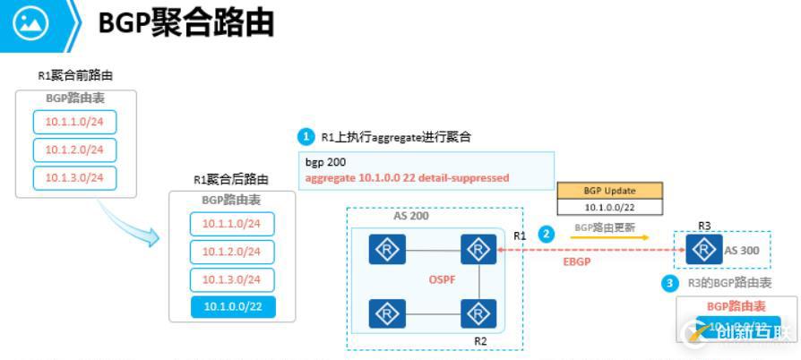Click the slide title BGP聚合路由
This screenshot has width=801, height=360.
coord(185,24)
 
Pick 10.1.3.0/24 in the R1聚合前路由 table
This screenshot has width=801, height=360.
coord(75,177)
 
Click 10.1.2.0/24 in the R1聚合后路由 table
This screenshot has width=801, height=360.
coord(231,252)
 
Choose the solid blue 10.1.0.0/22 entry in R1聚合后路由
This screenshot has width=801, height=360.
coord(231,307)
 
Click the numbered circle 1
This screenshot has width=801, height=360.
coord(306,137)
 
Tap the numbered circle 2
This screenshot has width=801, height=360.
coord(547,233)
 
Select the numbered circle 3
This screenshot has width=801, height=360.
coord(670,283)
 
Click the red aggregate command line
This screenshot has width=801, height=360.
coord(407,178)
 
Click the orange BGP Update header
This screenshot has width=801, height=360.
coord(609,190)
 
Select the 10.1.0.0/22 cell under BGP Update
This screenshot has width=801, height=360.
coord(609,207)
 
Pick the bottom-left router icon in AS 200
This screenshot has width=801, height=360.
coord(387,314)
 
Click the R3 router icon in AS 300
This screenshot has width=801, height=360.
coord(702,250)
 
